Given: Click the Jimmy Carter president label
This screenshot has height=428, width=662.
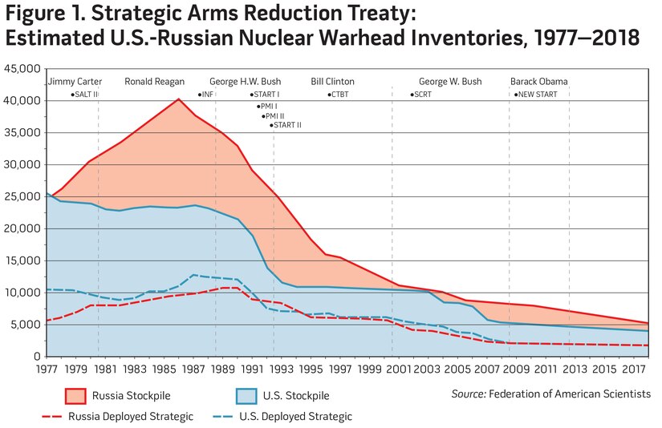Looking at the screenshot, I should coord(75,82).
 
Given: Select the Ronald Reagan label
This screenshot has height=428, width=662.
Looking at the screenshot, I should coord(154,82).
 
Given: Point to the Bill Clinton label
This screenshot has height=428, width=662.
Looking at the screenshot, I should coord(332,82).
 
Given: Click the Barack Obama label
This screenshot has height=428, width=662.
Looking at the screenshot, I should coord(538,82).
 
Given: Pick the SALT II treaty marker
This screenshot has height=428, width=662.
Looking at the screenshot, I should coord(85,95).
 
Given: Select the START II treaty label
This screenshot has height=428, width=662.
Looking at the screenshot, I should coord(286,125).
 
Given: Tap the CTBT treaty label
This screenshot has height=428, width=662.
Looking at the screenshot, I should coord(339,95).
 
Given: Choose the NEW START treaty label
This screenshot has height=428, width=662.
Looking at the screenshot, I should coord(537,95).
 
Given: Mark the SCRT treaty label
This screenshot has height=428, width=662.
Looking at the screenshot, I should coord(422,95).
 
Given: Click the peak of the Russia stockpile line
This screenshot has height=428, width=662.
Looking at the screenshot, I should coord(178,99).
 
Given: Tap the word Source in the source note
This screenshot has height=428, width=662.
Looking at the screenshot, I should coord(468,393).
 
